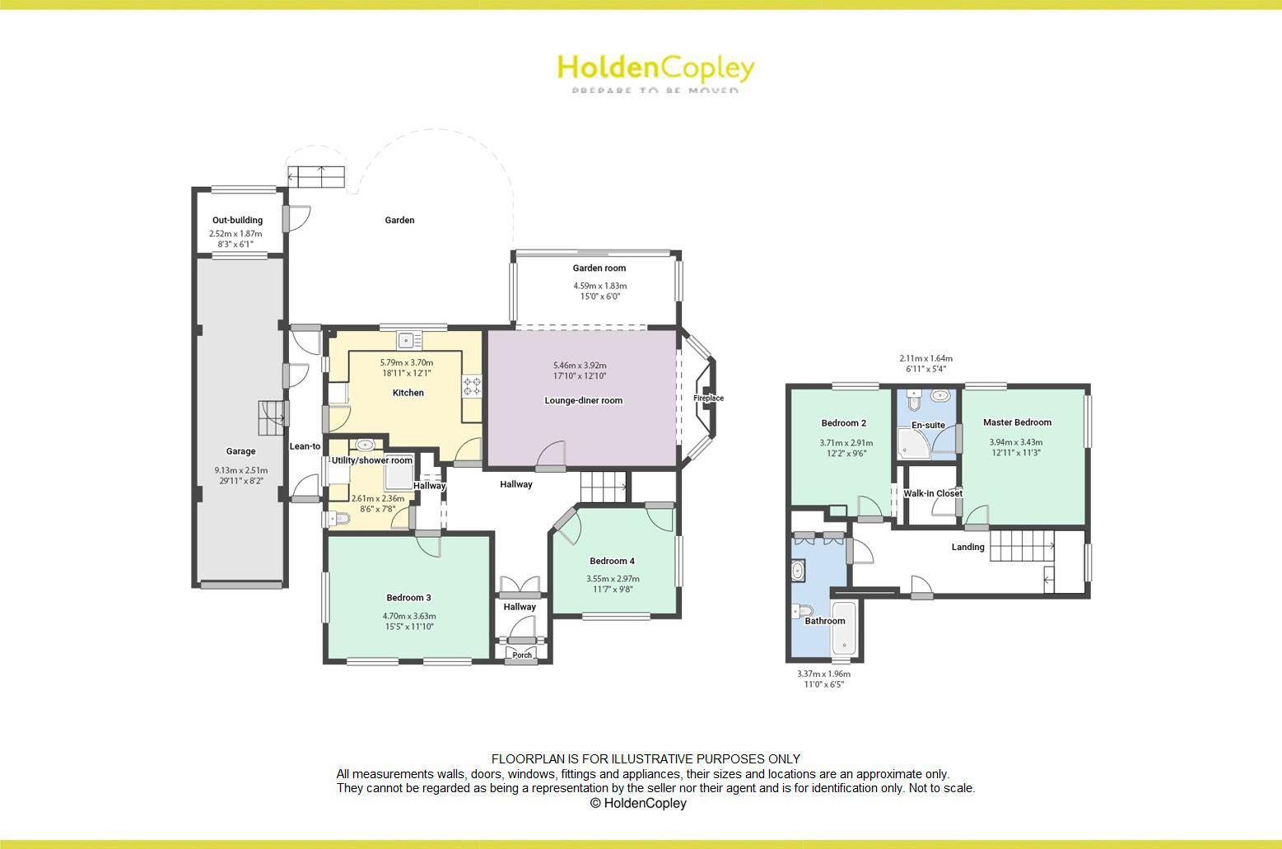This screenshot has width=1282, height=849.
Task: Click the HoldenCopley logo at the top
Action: [655, 69]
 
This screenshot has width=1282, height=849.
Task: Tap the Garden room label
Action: [599, 268]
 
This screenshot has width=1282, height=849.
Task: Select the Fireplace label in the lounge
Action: [708, 399]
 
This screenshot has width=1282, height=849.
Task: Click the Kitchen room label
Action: [408, 393]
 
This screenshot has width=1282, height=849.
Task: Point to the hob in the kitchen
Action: [473, 386]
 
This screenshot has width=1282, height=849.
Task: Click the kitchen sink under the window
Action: [408, 340]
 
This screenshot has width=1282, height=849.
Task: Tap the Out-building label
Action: [237, 220]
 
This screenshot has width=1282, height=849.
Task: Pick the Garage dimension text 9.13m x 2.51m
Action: [240, 471]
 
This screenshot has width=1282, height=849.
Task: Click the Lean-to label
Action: [305, 446]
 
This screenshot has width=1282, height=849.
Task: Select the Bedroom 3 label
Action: [408, 598]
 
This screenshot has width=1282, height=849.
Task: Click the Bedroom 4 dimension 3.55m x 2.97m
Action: [613, 578]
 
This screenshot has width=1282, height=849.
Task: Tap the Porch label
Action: [522, 655]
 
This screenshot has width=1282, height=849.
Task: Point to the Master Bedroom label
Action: [1017, 422]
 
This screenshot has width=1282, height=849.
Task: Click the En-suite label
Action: [928, 426]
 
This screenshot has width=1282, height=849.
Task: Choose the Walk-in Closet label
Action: [933, 493]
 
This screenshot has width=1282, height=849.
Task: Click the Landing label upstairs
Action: [967, 547]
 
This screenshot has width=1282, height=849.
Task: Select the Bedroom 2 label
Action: [843, 423]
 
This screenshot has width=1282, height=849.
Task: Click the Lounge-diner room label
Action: [583, 401]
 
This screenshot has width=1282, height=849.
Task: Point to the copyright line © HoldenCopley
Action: [638, 803]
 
